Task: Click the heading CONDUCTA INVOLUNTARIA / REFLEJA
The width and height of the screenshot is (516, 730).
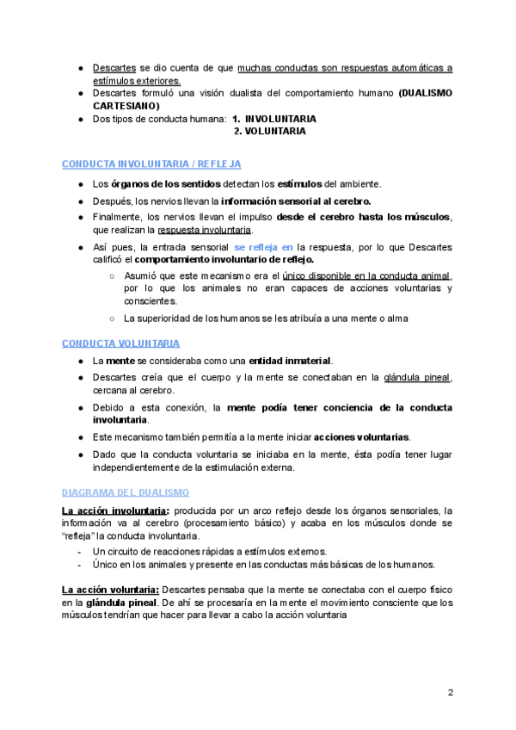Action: [151, 164]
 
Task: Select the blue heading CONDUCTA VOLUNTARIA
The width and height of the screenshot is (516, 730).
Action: [121, 343]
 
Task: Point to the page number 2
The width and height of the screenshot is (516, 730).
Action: [450, 691]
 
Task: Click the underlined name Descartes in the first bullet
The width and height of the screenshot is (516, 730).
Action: [114, 67]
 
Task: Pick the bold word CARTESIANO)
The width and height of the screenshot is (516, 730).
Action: [126, 105]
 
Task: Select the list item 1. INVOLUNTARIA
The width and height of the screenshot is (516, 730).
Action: [274, 119]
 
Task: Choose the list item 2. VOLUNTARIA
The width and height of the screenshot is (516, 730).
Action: [270, 132]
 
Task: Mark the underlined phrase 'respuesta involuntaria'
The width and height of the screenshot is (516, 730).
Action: [205, 230]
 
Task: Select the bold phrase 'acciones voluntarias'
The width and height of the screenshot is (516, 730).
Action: [362, 436]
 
